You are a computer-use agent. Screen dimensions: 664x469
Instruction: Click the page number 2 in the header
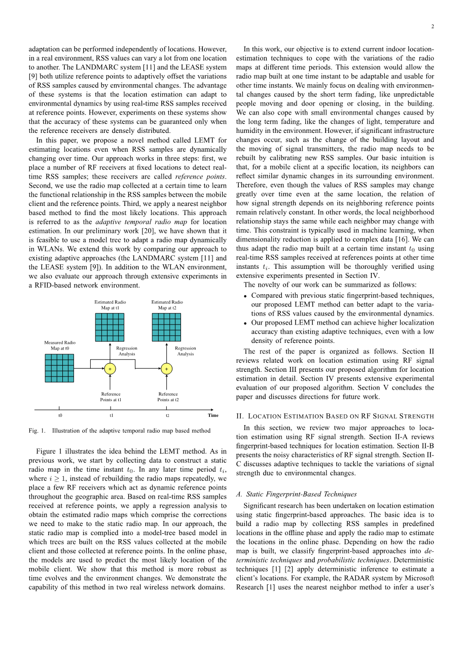[432, 27]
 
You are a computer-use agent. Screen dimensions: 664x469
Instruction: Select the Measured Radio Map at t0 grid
[59, 368]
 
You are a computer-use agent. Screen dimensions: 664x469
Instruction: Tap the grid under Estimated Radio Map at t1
[110, 327]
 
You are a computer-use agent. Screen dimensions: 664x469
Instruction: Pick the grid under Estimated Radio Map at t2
[166, 327]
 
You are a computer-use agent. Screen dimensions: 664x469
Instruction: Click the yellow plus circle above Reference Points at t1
[110, 369]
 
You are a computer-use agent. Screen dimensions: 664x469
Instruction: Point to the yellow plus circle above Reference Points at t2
[167, 369]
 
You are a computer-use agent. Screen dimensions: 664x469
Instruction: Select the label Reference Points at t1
[111, 397]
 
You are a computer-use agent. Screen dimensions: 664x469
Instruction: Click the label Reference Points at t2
[168, 397]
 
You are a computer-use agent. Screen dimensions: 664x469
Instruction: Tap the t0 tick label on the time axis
[60, 415]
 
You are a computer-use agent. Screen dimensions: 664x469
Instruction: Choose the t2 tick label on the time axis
[167, 415]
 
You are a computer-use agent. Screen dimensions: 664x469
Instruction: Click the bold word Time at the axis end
[213, 415]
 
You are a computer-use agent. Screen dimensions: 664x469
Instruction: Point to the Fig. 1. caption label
[37, 431]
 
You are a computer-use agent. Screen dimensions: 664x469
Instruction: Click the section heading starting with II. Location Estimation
[335, 416]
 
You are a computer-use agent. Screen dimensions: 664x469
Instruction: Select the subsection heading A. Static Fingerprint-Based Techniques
[296, 494]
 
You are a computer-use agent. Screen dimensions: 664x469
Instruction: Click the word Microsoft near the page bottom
[420, 578]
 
